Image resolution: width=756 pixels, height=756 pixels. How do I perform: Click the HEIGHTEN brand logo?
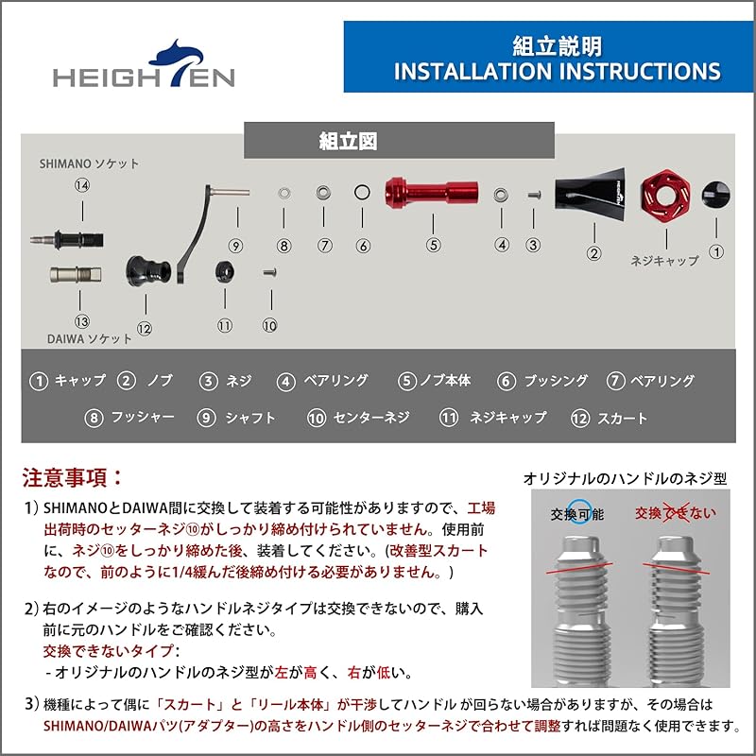(x=144, y=67)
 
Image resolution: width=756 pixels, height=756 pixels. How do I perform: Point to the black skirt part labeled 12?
(x=146, y=272)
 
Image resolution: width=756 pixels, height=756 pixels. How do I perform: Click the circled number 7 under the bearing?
(x=325, y=245)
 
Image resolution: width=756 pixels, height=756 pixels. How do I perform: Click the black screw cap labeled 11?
(x=225, y=270)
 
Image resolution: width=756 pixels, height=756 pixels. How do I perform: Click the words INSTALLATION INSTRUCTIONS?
(x=557, y=72)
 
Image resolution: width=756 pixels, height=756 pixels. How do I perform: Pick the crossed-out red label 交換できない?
(x=675, y=513)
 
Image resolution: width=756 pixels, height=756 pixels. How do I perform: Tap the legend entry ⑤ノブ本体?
(x=435, y=381)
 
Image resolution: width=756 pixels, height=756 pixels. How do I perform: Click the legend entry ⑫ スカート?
(x=610, y=418)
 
